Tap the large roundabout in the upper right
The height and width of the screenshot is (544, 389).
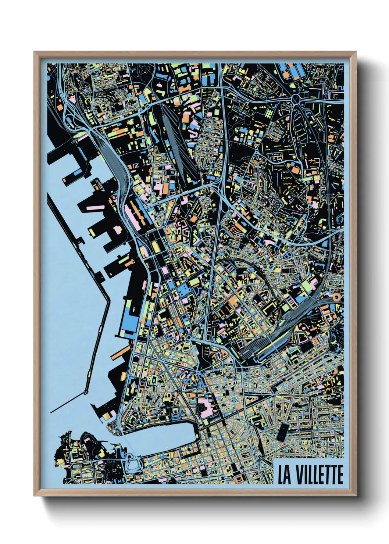(296, 99)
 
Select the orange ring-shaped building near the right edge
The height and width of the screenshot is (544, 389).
(336, 296)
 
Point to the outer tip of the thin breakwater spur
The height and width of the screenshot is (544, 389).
(51, 411)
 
